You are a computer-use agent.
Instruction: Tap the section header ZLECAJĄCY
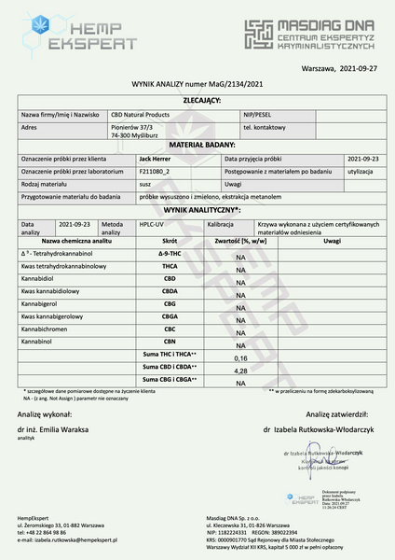(x=197, y=98)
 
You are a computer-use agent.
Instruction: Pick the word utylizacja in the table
(x=360, y=172)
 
